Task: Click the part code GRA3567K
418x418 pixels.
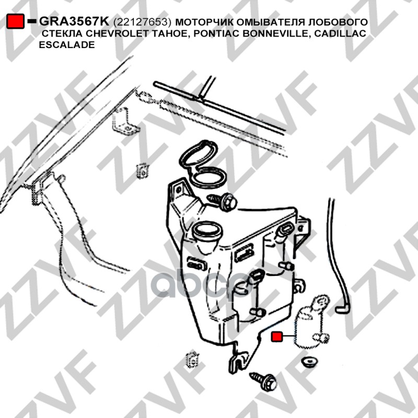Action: point(74,21)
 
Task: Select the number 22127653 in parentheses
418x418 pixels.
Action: point(142,22)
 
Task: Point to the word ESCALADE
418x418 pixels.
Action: point(67,44)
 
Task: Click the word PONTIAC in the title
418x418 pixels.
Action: point(215,33)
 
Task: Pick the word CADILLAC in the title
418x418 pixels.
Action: point(341,33)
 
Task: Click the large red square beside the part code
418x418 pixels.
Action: point(16,21)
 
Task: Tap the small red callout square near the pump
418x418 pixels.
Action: point(276,336)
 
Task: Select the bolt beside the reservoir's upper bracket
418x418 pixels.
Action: point(223,201)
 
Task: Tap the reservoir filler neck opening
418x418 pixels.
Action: point(207,230)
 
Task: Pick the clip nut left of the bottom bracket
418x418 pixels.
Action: point(192,359)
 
